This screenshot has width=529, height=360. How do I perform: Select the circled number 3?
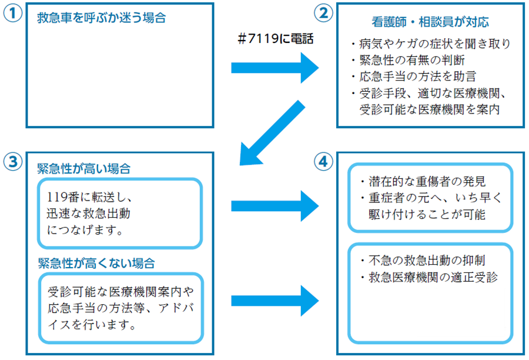tap(12, 161)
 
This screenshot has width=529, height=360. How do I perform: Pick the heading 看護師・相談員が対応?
tap(430, 23)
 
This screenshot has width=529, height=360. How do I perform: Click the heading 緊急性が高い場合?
tap(83, 168)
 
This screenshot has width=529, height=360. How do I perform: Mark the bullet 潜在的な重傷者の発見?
tap(423, 181)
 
